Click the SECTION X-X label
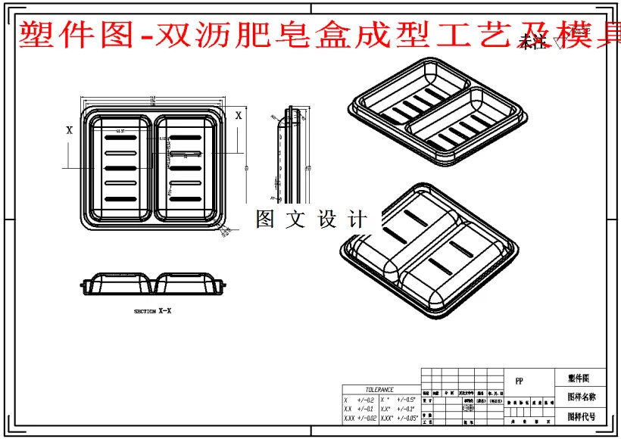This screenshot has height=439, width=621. pos(152,311)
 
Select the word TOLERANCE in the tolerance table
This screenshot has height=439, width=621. pos(379,390)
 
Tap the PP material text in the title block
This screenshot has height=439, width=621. pos(519,381)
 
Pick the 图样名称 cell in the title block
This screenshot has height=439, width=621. pos(581,397)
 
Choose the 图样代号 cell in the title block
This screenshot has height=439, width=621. pos(581,416)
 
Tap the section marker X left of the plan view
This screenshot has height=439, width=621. pos(70,130)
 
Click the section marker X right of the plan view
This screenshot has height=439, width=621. pos(239,116)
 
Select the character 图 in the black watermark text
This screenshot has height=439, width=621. pos(265,219)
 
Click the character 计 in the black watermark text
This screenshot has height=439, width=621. pos(357,219)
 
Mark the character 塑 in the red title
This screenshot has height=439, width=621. pos(33,35)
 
